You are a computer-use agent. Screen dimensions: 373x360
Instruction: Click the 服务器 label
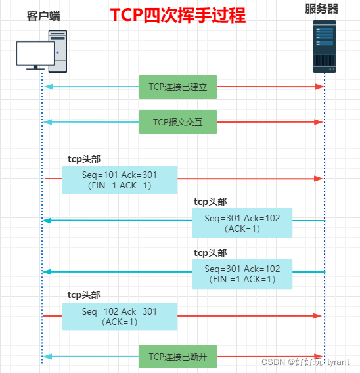pyautogui.click(x=322, y=9)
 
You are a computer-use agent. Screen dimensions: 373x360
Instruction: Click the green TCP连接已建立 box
pyautogui.click(x=177, y=86)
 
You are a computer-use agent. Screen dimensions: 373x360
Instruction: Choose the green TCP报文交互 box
pyautogui.click(x=177, y=121)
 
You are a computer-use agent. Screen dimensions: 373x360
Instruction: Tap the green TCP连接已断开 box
pyautogui.click(x=177, y=357)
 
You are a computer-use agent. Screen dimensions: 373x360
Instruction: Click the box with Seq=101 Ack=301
pyautogui.click(x=120, y=179)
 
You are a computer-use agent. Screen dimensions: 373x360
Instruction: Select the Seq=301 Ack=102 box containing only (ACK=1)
pyautogui.click(x=242, y=223)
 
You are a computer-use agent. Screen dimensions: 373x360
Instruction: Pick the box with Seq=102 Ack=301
pyautogui.click(x=120, y=316)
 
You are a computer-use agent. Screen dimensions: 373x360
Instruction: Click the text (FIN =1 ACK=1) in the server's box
pyautogui.click(x=242, y=280)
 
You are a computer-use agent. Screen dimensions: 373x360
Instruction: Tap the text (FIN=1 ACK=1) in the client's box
pyautogui.click(x=120, y=186)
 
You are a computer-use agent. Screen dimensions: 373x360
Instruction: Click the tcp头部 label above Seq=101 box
pyautogui.click(x=84, y=159)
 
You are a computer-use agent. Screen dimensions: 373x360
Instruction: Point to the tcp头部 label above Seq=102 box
pyautogui.click(x=84, y=296)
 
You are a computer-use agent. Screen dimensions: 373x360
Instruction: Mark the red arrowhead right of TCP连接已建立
pyautogui.click(x=320, y=86)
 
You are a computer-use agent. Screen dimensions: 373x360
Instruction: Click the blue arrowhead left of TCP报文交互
pyautogui.click(x=47, y=121)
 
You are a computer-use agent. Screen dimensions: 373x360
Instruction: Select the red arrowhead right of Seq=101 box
pyautogui.click(x=320, y=179)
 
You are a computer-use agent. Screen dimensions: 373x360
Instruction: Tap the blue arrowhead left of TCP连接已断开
pyautogui.click(x=47, y=357)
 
